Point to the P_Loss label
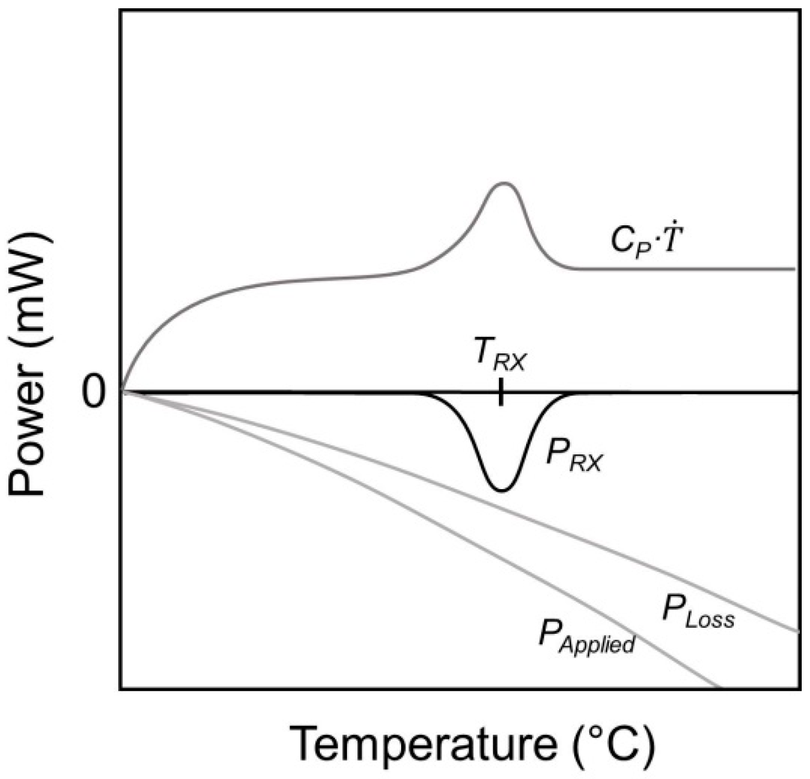[x=697, y=613]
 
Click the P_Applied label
[x=586, y=638]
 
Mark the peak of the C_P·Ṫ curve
[x=503, y=183]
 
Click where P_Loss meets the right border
[x=799, y=631]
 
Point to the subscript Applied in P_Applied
[x=597, y=645]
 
